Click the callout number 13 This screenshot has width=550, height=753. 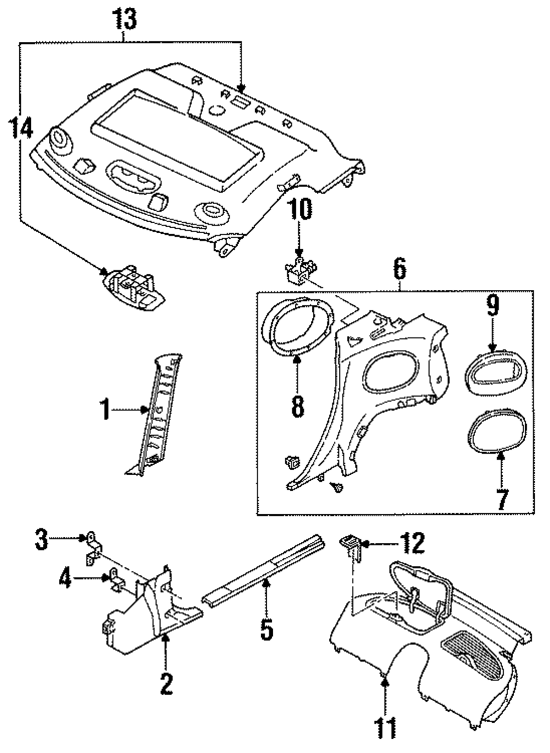coord(124,19)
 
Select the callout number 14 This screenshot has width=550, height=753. coord(21,128)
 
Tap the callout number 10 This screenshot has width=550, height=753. coord(301,210)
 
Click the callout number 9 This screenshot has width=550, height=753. coord(492,304)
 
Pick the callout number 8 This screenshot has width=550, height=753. coord(298,406)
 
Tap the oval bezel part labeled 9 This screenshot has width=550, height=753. coord(496,372)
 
